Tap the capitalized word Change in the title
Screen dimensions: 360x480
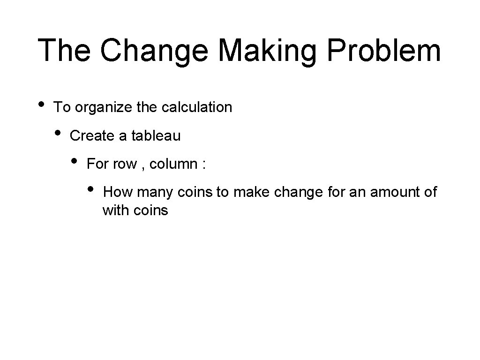(157, 50)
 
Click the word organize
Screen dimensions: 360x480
(104, 107)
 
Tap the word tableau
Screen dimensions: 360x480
(156, 136)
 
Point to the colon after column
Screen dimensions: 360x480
(203, 165)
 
